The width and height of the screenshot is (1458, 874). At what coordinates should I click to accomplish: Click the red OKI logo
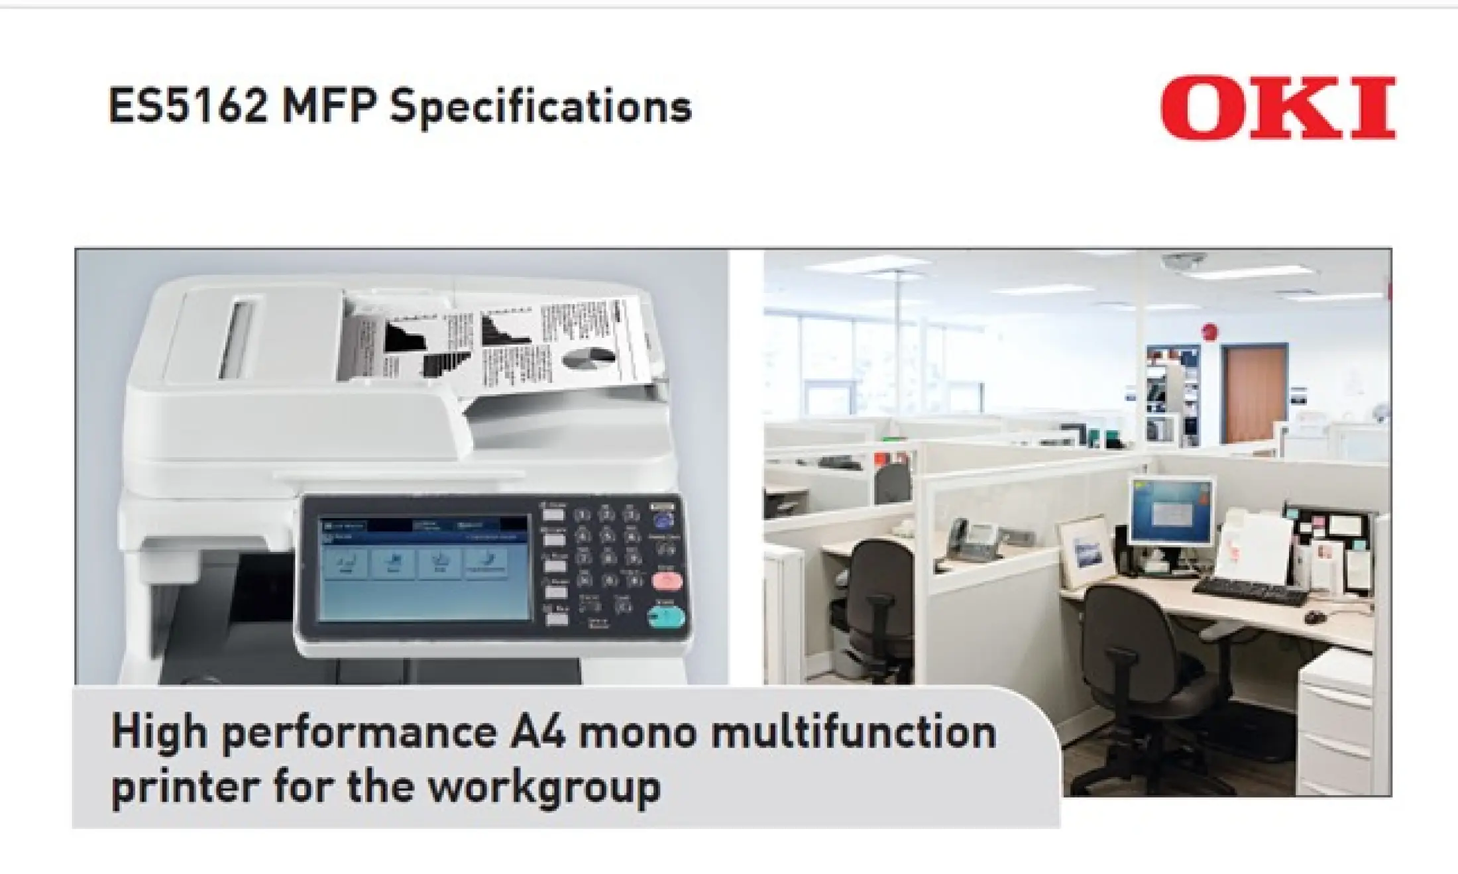(1277, 108)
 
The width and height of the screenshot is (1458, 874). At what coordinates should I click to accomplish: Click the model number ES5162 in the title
(188, 107)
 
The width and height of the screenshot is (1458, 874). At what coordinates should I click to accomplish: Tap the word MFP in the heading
(329, 107)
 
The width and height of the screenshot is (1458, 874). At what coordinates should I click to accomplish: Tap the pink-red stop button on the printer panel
(667, 581)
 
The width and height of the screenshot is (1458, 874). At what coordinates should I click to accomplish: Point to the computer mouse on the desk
(1316, 618)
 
